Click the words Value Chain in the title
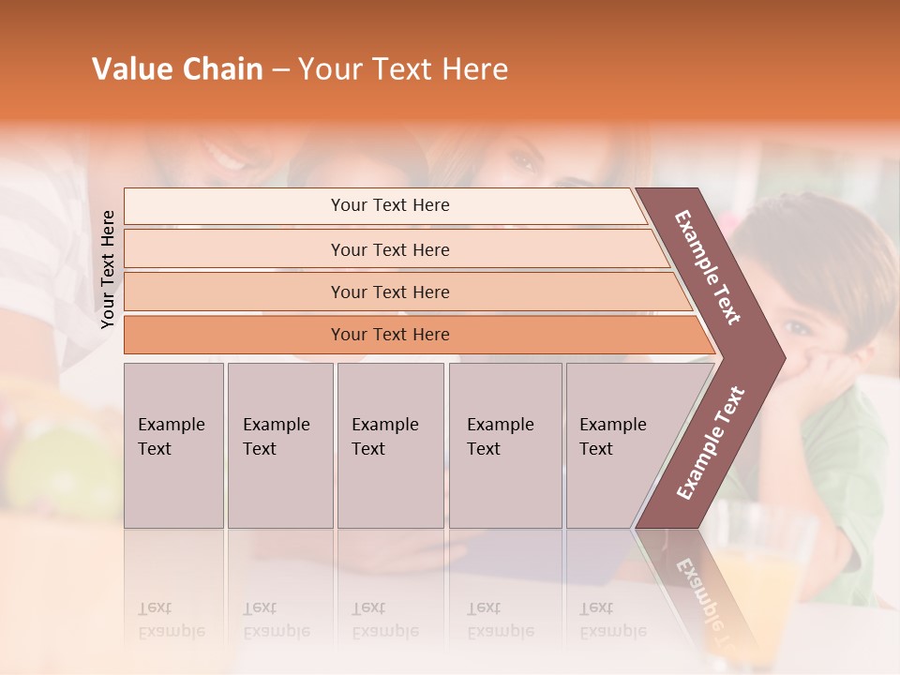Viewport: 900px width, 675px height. pos(177,69)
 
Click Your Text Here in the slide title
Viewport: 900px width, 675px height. pos(403,69)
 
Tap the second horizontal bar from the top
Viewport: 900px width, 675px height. pos(390,249)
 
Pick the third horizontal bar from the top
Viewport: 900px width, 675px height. pos(390,292)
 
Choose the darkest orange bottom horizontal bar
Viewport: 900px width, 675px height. pos(390,335)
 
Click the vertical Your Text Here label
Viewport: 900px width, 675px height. pos(108,269)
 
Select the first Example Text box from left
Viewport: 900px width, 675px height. pos(173,444)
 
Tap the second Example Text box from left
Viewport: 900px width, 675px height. pos(279,444)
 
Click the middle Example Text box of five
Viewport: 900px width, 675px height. pos(390,444)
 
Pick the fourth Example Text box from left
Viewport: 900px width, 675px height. pos(504,444)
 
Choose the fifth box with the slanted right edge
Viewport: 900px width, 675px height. pos(619,444)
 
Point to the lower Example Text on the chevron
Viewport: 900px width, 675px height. pos(710,443)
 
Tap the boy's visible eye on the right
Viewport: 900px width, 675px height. pos(798,327)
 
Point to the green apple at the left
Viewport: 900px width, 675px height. pos(47,459)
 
